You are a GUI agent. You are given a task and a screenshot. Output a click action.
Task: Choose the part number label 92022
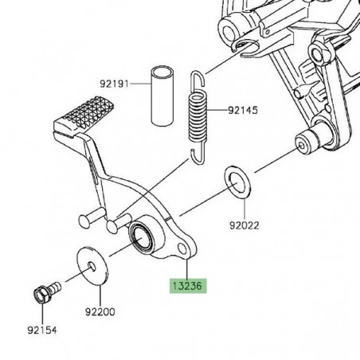click(245, 225)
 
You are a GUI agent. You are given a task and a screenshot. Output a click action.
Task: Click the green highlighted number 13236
click(185, 285)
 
